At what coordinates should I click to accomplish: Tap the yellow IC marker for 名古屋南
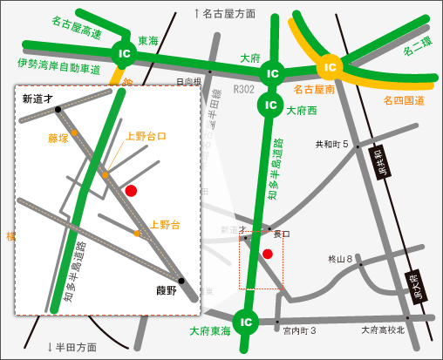(330, 66)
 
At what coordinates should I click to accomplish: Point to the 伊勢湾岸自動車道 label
(59, 64)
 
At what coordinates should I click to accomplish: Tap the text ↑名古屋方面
(224, 13)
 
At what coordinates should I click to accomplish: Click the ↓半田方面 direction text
(72, 346)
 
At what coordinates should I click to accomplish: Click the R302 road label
(243, 89)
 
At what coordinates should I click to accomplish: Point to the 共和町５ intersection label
(331, 144)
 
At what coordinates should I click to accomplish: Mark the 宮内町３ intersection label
(298, 330)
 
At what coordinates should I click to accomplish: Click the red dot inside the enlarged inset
(131, 190)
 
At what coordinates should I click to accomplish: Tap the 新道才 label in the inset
(37, 98)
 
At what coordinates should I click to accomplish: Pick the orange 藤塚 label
(58, 137)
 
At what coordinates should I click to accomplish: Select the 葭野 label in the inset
(167, 291)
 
